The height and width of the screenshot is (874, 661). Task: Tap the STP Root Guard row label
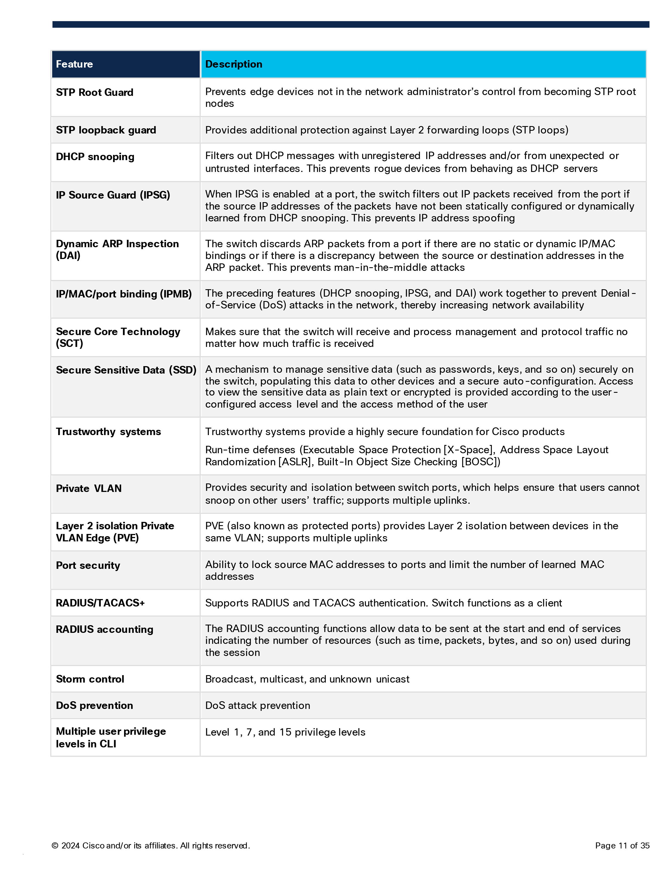point(94,93)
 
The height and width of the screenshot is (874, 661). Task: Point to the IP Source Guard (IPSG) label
point(113,195)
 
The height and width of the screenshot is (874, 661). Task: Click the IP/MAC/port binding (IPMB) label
point(124,294)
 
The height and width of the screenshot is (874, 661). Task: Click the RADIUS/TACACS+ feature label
point(100,603)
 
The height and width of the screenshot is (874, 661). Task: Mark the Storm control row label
point(90,679)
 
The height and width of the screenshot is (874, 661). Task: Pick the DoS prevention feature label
point(94,706)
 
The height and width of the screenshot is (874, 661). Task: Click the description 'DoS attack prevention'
point(257,706)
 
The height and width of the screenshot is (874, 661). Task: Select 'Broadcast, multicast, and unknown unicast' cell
point(307,679)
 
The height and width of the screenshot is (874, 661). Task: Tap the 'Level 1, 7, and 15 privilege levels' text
point(285,732)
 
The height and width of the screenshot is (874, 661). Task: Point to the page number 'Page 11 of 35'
point(622,845)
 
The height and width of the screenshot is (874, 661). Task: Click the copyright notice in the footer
point(150,845)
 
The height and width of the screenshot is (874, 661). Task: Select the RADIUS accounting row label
point(104,630)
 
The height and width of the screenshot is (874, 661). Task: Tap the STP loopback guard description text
point(386,130)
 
